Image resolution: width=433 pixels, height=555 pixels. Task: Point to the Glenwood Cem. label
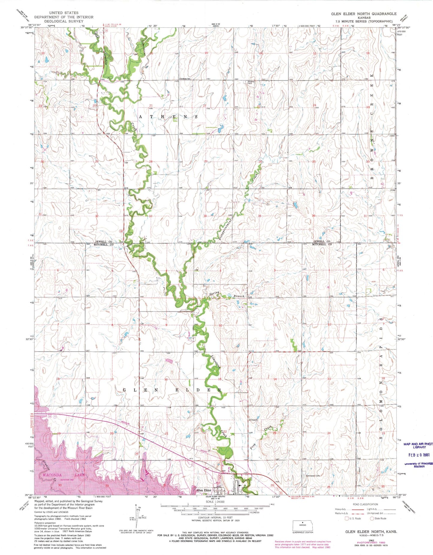pos(313,475)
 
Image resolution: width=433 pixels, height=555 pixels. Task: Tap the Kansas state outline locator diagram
pos(302,525)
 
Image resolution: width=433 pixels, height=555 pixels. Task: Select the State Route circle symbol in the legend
pos(372,518)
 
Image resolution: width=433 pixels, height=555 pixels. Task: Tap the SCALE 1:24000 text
pos(213,502)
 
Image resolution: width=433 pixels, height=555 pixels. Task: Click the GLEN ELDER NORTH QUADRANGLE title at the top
pos(363,14)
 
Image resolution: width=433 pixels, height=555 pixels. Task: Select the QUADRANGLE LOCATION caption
pos(302,532)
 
